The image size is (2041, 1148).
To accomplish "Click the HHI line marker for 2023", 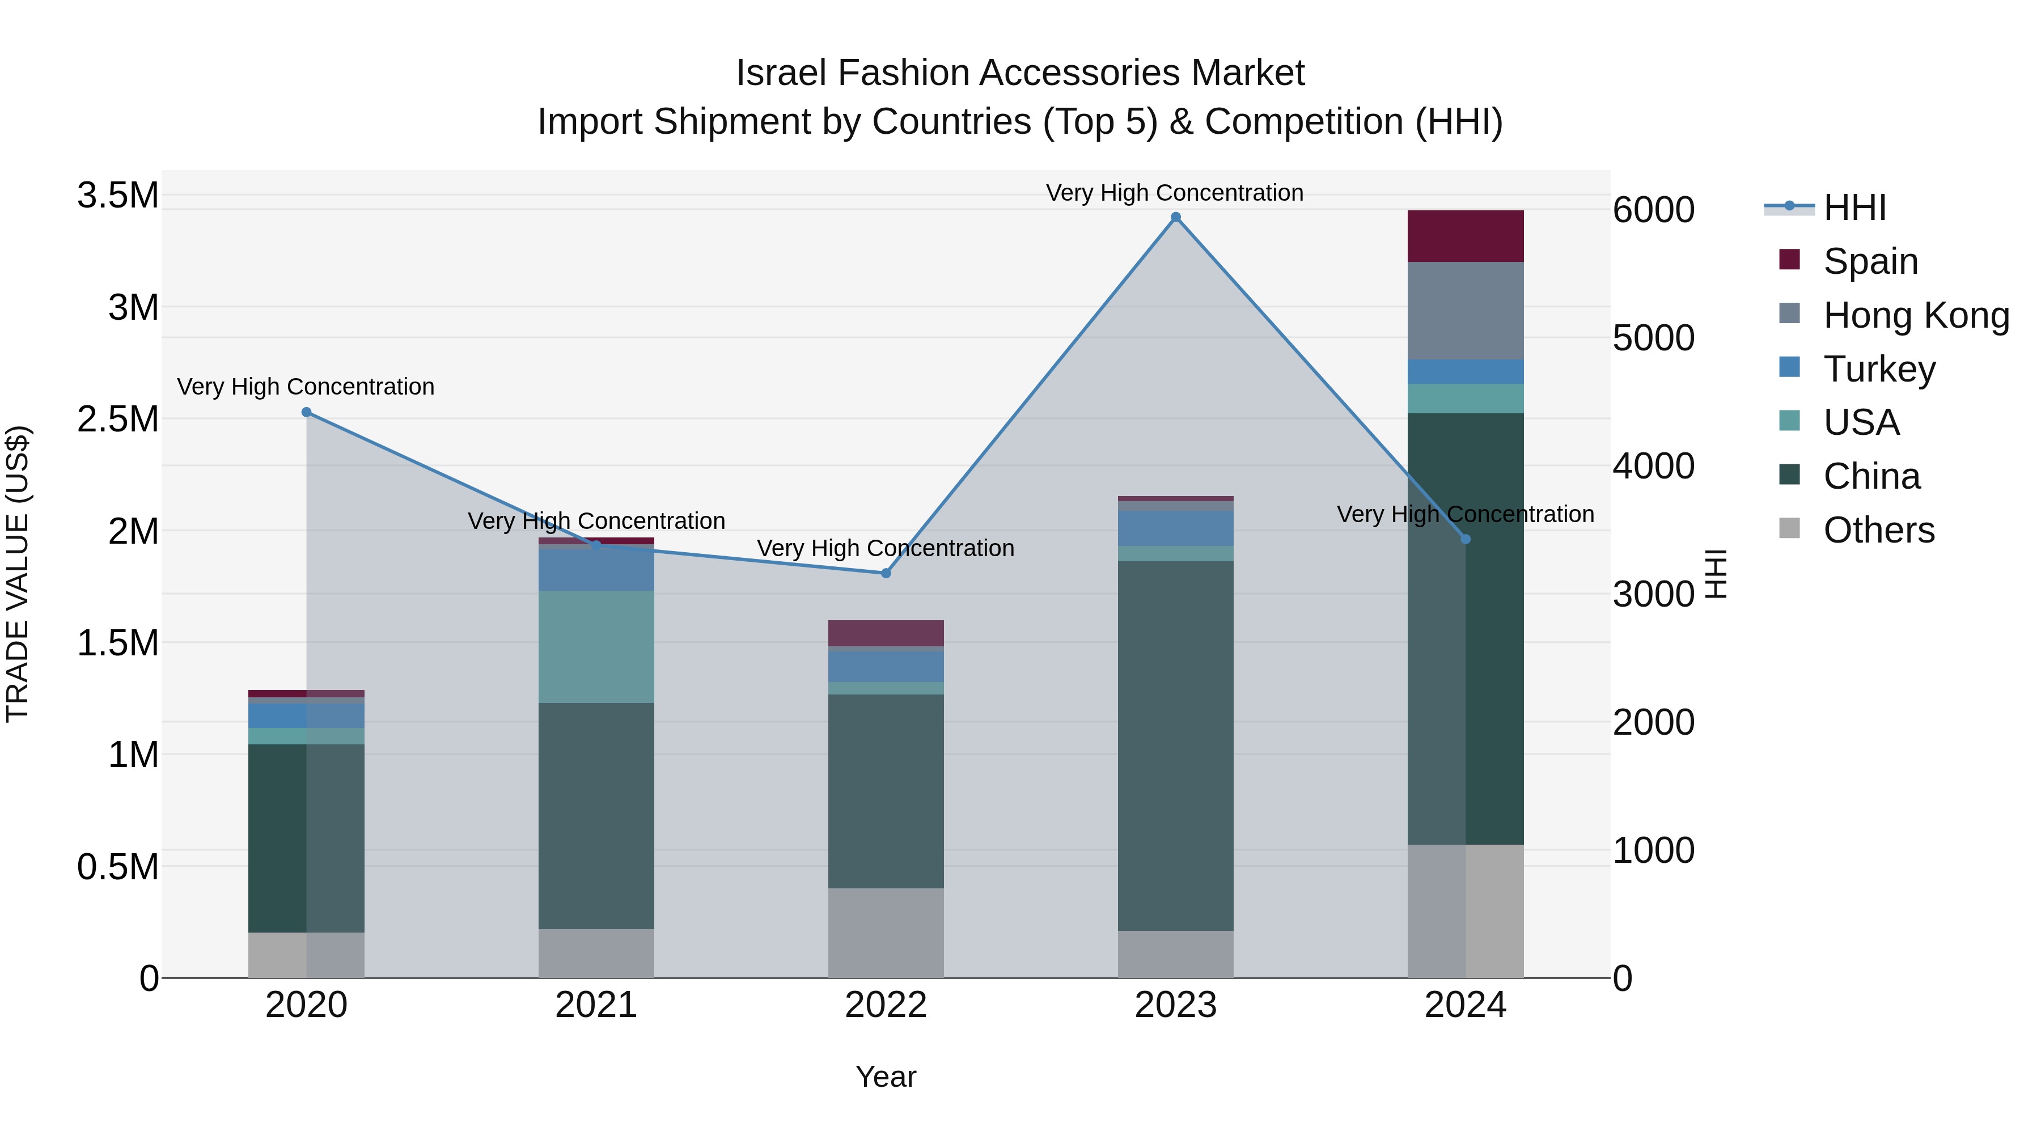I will [x=1176, y=217].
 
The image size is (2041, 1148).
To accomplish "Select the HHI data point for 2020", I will [x=307, y=412].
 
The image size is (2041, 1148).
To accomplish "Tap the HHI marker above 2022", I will [x=886, y=573].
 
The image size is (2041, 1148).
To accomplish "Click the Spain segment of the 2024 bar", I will [x=1465, y=236].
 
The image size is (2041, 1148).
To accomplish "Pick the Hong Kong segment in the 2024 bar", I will [x=1465, y=311].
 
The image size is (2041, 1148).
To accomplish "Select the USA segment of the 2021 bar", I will [x=596, y=646].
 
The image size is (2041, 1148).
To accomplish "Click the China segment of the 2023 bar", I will [x=1176, y=745].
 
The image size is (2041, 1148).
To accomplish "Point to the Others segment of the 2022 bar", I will [x=886, y=933].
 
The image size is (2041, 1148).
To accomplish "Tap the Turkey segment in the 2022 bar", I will [x=886, y=666].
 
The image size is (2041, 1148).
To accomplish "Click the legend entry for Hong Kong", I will [x=1916, y=315].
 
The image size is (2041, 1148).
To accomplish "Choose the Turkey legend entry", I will [x=1879, y=369].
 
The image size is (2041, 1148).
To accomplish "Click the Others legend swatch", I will [x=1789, y=528].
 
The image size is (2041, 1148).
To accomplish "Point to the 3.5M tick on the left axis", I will [x=117, y=196].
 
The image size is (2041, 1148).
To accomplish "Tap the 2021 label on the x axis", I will [x=596, y=1005].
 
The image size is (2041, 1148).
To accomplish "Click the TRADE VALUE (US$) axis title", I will [x=18, y=574].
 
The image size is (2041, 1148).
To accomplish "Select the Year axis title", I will [x=886, y=1077].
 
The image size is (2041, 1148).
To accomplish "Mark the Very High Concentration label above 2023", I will [x=1174, y=193].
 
